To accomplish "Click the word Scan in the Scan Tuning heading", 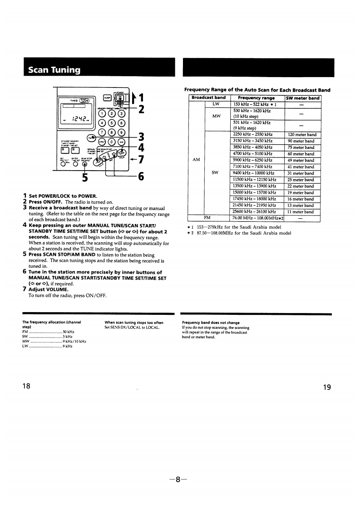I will (x=38, y=70).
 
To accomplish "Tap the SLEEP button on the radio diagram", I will (x=108, y=97).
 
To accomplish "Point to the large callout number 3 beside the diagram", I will (x=141, y=136).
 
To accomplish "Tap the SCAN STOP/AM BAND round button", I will (x=84, y=164).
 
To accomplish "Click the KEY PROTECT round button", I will (x=62, y=164).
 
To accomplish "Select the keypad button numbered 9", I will (x=121, y=132).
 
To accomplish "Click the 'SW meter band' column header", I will (x=302, y=98).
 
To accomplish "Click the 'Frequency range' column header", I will (x=256, y=98).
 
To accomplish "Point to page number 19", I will (x=327, y=387).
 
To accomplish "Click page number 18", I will (x=26, y=386).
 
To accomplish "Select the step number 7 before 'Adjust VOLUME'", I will (x=25, y=289).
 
